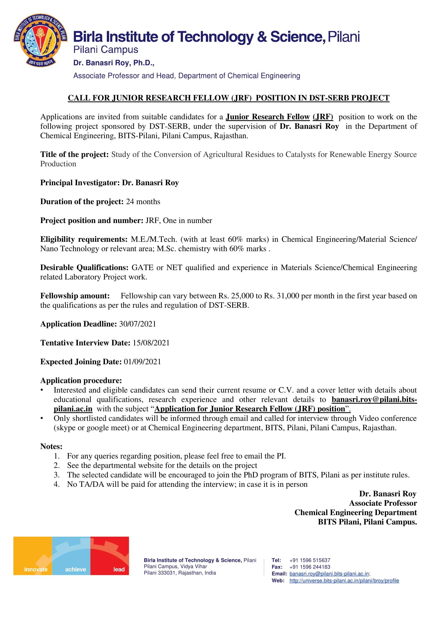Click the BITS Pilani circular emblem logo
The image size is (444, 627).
pos(41,40)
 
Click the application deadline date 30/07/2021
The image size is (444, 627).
pos(137,324)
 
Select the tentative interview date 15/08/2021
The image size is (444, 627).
pos(151,343)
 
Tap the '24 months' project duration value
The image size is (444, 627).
pos(143,202)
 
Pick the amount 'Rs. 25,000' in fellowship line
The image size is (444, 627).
pos(236,296)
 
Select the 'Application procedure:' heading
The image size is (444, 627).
pos(81,380)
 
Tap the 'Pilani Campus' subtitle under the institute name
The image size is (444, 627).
pos(106,50)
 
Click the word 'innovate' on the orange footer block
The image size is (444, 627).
pos(36,569)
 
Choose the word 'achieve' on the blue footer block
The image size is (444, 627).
pos(75,569)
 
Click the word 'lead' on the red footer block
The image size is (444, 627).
pos(119,569)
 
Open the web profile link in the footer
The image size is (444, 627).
pos(344,581)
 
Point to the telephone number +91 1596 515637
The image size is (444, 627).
pos(310,560)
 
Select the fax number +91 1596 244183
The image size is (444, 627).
pos(310,567)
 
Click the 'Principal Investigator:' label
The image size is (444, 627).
pos(80,183)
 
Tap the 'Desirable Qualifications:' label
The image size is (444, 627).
pos(84,268)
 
